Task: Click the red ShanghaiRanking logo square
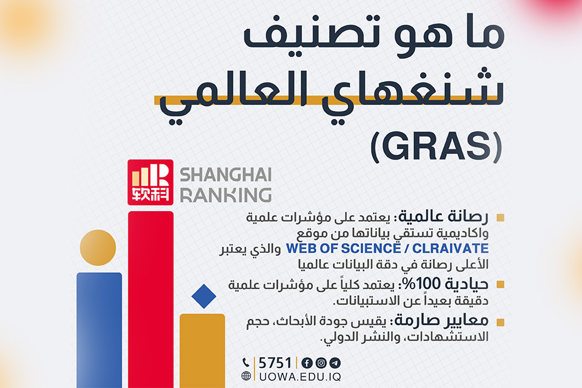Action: (x=150, y=182)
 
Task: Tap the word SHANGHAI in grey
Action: (x=226, y=175)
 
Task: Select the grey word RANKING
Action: (x=226, y=195)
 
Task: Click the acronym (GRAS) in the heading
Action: (x=436, y=146)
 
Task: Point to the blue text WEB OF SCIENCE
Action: (x=343, y=249)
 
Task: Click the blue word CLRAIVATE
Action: (x=450, y=249)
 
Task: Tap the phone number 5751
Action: (x=275, y=363)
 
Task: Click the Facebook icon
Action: (x=307, y=363)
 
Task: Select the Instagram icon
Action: (x=321, y=363)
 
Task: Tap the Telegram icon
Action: (x=335, y=363)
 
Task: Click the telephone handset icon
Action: (x=246, y=363)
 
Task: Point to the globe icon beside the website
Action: (x=246, y=376)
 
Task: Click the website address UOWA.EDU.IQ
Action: (x=300, y=376)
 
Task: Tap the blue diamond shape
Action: (x=204, y=296)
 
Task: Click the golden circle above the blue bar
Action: (x=98, y=247)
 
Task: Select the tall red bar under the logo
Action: (x=151, y=299)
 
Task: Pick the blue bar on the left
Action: (x=99, y=330)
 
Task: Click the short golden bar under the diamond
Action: (x=202, y=351)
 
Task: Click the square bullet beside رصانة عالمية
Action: (x=500, y=218)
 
